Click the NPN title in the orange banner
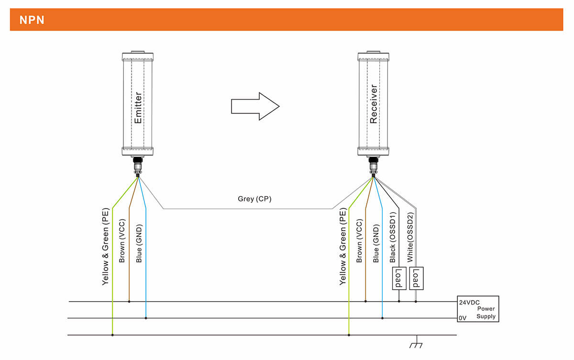(32, 20)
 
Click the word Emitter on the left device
(138, 108)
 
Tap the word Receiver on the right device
(374, 104)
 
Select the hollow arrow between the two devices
(255, 106)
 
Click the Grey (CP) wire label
(254, 199)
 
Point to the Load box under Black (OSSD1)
(399, 278)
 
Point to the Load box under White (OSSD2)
(416, 278)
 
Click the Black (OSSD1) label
(393, 236)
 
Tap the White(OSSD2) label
(410, 237)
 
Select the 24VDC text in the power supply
(469, 303)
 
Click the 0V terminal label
(463, 318)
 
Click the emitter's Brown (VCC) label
(122, 241)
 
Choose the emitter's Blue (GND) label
(139, 244)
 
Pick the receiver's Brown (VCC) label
(359, 241)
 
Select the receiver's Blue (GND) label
(376, 244)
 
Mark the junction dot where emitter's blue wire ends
(146, 318)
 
